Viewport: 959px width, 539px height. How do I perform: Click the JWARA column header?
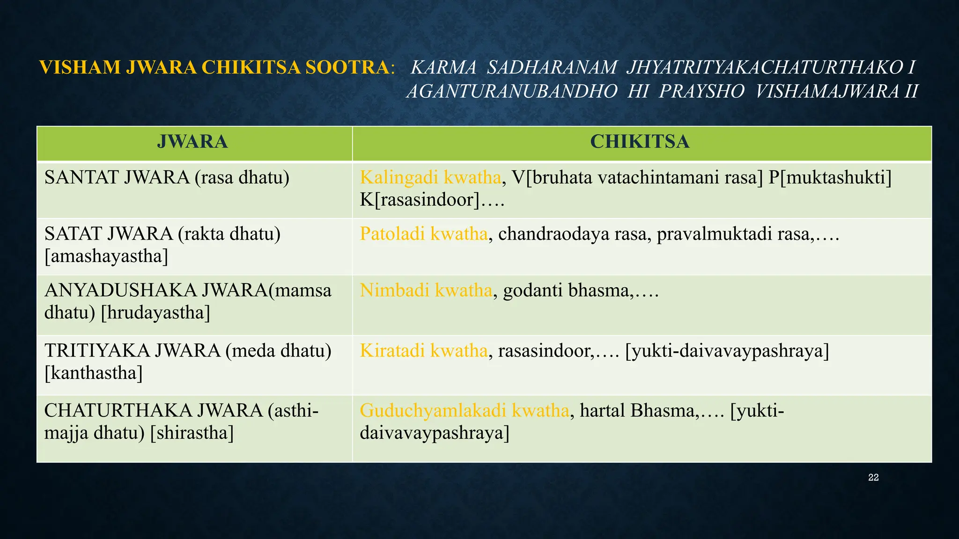(x=192, y=142)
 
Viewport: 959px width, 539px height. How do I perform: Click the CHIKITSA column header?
(x=640, y=142)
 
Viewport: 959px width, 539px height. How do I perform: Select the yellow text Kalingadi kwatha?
(x=430, y=178)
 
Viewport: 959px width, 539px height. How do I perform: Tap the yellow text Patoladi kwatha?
(x=424, y=234)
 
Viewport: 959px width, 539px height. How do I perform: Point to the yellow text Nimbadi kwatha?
(x=426, y=291)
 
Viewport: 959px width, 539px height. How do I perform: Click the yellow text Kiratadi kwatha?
(x=424, y=351)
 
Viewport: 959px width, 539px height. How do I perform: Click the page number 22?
(x=873, y=478)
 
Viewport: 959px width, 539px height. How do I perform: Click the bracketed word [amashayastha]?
(x=106, y=256)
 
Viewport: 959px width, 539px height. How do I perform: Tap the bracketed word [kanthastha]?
(x=94, y=373)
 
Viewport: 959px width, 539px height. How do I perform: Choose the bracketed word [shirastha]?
(x=192, y=433)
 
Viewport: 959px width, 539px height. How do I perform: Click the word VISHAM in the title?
(x=80, y=68)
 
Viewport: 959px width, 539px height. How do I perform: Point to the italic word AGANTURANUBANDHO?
(x=512, y=92)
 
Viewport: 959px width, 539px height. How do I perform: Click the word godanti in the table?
(x=533, y=291)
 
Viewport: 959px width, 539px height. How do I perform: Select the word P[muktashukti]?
(x=830, y=178)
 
